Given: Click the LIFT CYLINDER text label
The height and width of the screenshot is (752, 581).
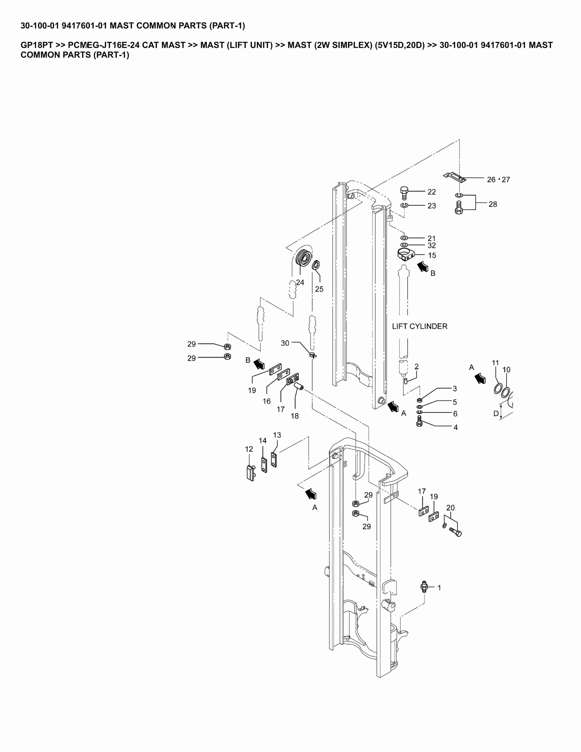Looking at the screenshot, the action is [420, 326].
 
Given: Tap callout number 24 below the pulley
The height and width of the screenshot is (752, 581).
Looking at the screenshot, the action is [300, 282].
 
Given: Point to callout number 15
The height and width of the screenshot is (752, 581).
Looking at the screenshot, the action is [432, 255].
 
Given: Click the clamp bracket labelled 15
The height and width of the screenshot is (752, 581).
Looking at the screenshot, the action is [406, 254].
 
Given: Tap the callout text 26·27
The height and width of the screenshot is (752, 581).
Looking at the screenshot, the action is [498, 179].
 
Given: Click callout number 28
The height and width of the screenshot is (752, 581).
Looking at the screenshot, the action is [493, 204].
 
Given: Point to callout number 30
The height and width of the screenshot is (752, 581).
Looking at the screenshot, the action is [285, 343].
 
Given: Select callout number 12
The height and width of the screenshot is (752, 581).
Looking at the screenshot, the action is [249, 449].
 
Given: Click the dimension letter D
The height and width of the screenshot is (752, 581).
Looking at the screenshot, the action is [496, 414].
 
